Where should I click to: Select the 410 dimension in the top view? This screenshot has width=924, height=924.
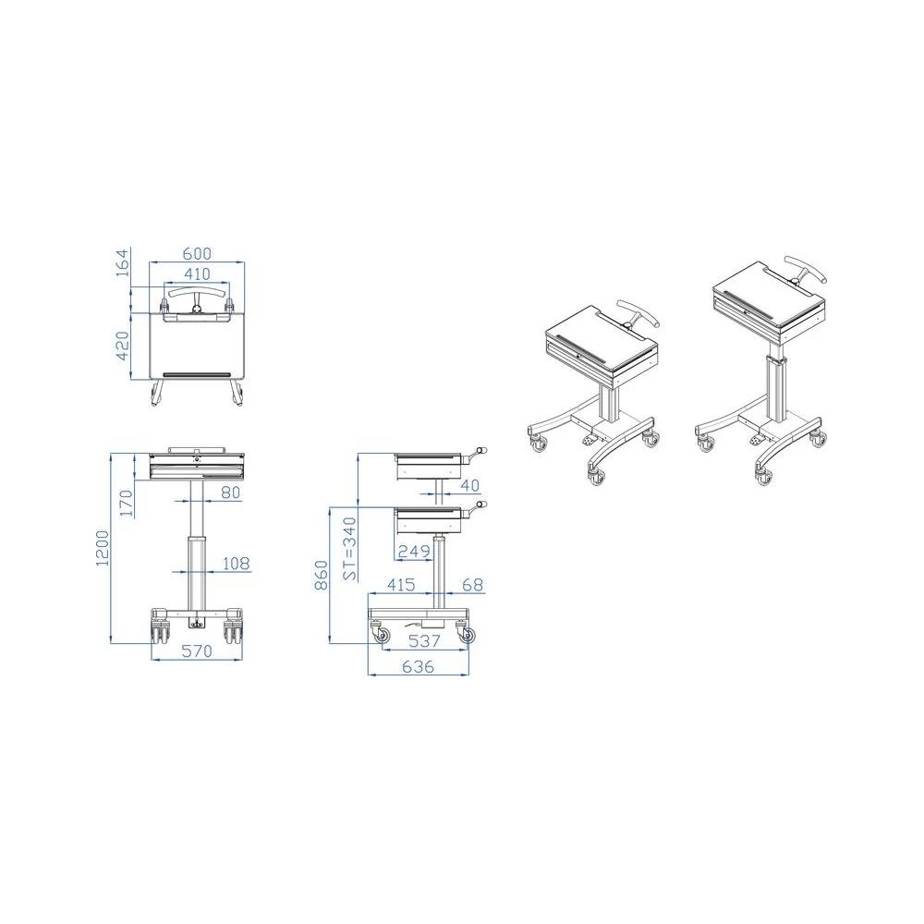coord(197,274)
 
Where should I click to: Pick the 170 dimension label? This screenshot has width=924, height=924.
coord(128,503)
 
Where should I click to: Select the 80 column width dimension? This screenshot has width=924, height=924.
coord(230,492)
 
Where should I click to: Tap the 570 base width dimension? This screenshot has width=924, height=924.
coord(196,651)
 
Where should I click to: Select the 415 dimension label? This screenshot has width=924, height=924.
coord(399,586)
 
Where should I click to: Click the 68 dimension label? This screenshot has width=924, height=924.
coord(472,586)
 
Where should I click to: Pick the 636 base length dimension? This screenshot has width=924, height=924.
coord(418,668)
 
